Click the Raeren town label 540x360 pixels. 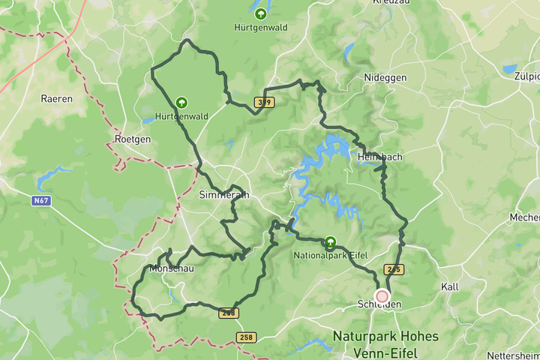pyautogui.click(x=57, y=98)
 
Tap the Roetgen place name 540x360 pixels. pyautogui.click(x=133, y=139)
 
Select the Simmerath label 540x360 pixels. pyautogui.click(x=223, y=194)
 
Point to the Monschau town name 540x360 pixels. pyautogui.click(x=172, y=268)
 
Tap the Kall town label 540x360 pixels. pyautogui.click(x=450, y=287)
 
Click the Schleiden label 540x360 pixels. pyautogui.click(x=380, y=304)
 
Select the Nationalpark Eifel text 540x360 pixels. pyautogui.click(x=329, y=256)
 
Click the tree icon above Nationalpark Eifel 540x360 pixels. pyautogui.click(x=330, y=242)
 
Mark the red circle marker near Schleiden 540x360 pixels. pyautogui.click(x=382, y=296)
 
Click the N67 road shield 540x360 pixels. pyautogui.click(x=41, y=201)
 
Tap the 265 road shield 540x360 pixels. pyautogui.click(x=393, y=268)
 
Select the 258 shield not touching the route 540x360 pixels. pyautogui.click(x=245, y=337)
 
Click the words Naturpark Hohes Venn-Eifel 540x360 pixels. pyautogui.click(x=385, y=344)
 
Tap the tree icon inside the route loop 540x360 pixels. pyautogui.click(x=181, y=102)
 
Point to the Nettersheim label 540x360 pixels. pyautogui.click(x=513, y=355)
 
